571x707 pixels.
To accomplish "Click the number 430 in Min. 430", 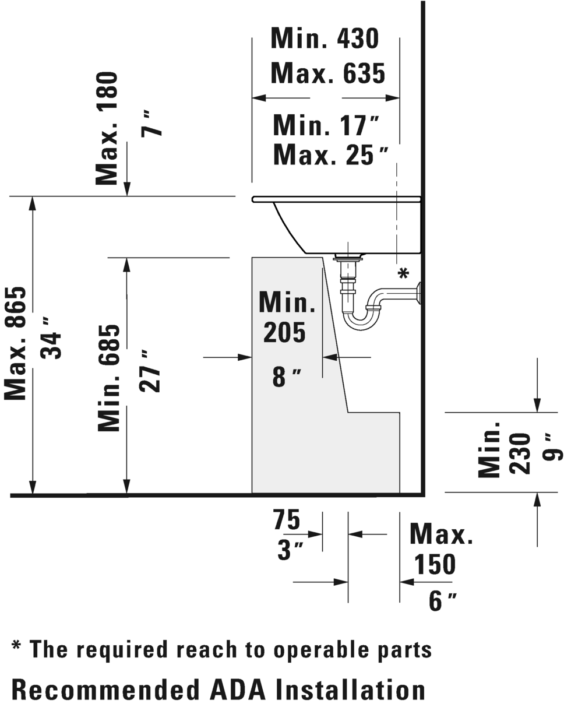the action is tap(358, 38).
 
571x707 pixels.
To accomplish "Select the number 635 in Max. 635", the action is tap(364, 73).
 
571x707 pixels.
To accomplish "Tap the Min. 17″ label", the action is tap(326, 125).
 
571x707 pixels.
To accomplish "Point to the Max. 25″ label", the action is tap(330, 154).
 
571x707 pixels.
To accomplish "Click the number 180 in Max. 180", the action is tap(107, 93).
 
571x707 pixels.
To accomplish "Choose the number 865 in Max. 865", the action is tap(15, 307).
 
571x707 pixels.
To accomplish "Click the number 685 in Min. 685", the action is tap(108, 345).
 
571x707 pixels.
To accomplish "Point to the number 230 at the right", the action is tap(520, 453).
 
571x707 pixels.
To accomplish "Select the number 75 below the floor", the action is tap(287, 520).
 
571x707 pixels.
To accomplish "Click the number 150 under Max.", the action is tap(435, 564).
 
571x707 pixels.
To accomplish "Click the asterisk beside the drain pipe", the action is tap(403, 273).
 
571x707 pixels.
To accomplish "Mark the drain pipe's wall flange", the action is tap(419, 293).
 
